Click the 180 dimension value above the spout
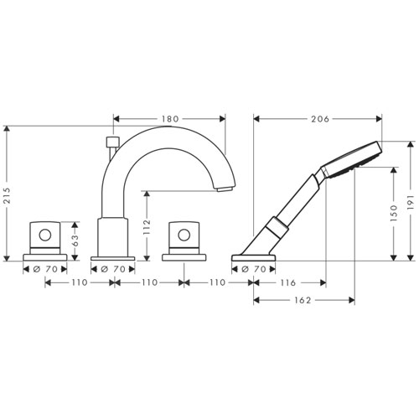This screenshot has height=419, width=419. (x=170, y=119)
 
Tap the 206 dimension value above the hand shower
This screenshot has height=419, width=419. (x=320, y=119)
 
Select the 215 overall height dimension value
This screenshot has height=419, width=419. (x=7, y=195)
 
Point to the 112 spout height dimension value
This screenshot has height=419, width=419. (x=147, y=227)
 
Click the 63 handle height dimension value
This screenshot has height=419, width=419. (x=75, y=241)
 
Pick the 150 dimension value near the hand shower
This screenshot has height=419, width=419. (x=393, y=213)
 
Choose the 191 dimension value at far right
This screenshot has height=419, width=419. (x=410, y=203)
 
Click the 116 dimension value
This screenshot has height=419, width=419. (x=287, y=282)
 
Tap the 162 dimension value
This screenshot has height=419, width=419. (x=303, y=300)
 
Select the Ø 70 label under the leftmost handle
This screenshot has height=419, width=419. (x=45, y=269)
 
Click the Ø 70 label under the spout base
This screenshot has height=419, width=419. (x=113, y=269)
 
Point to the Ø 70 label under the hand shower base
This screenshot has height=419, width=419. (x=254, y=269)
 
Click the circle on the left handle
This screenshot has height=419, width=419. (x=45, y=235)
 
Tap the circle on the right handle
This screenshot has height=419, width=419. (x=184, y=235)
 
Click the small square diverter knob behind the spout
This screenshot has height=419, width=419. (x=113, y=142)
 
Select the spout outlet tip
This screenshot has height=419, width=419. (x=225, y=189)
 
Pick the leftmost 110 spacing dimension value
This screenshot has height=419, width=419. (x=80, y=282)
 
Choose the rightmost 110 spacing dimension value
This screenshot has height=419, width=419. (x=217, y=282)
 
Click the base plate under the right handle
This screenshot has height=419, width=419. (x=184, y=257)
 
